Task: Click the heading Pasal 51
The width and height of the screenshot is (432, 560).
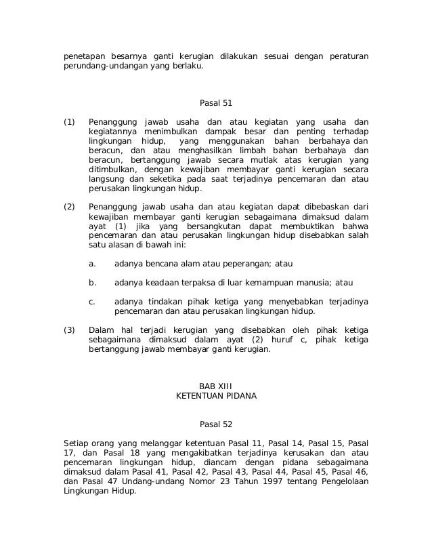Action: (216, 104)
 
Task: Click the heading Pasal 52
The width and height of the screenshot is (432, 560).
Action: (216, 425)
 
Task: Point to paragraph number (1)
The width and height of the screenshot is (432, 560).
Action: (68, 121)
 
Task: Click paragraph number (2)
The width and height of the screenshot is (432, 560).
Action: (68, 206)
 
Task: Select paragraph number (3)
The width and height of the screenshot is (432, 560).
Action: (68, 329)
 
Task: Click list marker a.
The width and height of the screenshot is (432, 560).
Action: (92, 263)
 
